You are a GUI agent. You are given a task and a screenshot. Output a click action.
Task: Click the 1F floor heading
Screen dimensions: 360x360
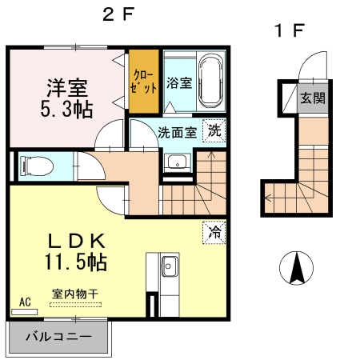click(289, 31)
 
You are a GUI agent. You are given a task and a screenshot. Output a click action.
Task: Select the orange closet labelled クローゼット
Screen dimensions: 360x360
click(145, 81)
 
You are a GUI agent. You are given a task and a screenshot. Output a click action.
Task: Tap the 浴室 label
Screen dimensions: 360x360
click(178, 82)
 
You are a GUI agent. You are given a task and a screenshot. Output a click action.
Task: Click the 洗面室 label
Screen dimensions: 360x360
click(176, 132)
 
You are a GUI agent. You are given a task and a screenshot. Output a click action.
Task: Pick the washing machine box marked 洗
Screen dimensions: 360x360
click(214, 130)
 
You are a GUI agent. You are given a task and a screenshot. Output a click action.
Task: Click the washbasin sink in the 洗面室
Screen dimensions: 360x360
click(177, 163)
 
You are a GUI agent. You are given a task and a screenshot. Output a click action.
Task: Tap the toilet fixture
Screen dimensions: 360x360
click(37, 166)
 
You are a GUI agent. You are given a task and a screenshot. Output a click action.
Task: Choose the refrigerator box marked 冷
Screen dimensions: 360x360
click(214, 232)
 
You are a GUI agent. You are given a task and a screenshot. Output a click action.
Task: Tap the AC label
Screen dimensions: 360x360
click(24, 302)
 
